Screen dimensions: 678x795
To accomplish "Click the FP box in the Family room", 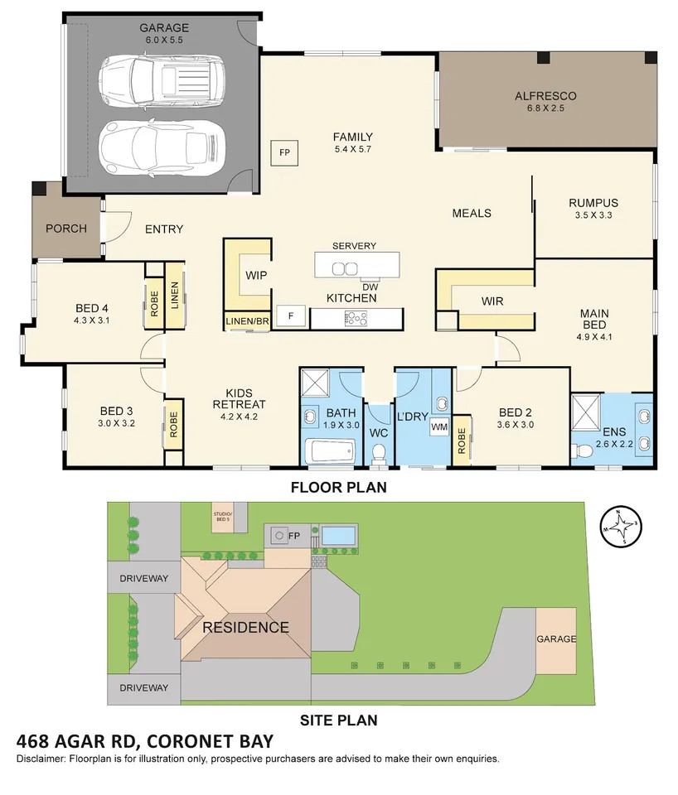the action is tap(284, 152).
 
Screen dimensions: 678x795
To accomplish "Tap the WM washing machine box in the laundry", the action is tap(439, 427).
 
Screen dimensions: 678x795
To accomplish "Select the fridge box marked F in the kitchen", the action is tap(291, 316).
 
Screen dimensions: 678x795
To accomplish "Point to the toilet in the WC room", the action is tap(379, 452).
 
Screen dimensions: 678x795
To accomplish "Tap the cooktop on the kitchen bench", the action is tap(356, 318).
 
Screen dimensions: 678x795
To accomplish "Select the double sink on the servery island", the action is tap(345, 268).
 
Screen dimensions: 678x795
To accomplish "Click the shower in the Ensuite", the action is tap(586, 408).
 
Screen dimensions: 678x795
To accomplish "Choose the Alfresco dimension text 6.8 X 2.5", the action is tap(545, 108).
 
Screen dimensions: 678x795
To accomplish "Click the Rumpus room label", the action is tap(593, 203).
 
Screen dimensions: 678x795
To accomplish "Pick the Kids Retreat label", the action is tap(239, 398).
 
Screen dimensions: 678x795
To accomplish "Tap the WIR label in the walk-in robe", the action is tap(492, 301).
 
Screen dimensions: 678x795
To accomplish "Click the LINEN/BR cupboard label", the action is tap(247, 321).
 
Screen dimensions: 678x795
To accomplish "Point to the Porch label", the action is tap(66, 229).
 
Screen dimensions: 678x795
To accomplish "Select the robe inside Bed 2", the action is tap(462, 440).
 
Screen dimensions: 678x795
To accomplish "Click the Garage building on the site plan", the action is tap(556, 641).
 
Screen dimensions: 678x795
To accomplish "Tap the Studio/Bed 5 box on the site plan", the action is tap(223, 517).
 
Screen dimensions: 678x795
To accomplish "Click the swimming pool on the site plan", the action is tap(339, 535).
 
